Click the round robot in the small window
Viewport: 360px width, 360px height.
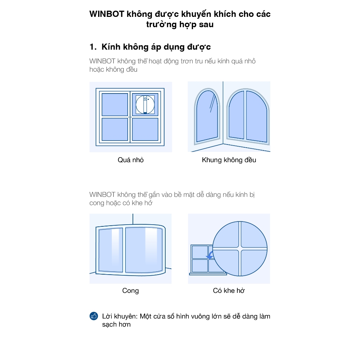click(145, 104)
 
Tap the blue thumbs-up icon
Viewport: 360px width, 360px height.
click(94, 316)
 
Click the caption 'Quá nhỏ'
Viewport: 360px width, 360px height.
click(131, 160)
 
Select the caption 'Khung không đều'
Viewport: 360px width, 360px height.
click(229, 160)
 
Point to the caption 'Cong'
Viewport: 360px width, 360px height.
click(130, 290)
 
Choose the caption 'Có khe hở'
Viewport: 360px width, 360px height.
click(229, 290)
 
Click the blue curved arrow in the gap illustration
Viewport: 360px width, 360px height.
click(210, 255)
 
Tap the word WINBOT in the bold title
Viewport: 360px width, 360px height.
click(107, 14)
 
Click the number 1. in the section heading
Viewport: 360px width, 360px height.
click(93, 47)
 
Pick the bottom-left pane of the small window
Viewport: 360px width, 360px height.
click(115, 129)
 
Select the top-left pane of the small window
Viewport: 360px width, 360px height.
click(115, 104)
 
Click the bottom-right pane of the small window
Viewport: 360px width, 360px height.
click(145, 129)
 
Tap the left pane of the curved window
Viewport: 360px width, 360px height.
click(111, 250)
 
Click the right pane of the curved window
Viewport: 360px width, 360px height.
click(144, 250)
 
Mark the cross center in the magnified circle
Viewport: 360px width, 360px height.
click(240, 249)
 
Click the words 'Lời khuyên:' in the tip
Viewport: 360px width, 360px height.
click(120, 316)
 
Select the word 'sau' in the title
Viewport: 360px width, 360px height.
click(206, 24)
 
